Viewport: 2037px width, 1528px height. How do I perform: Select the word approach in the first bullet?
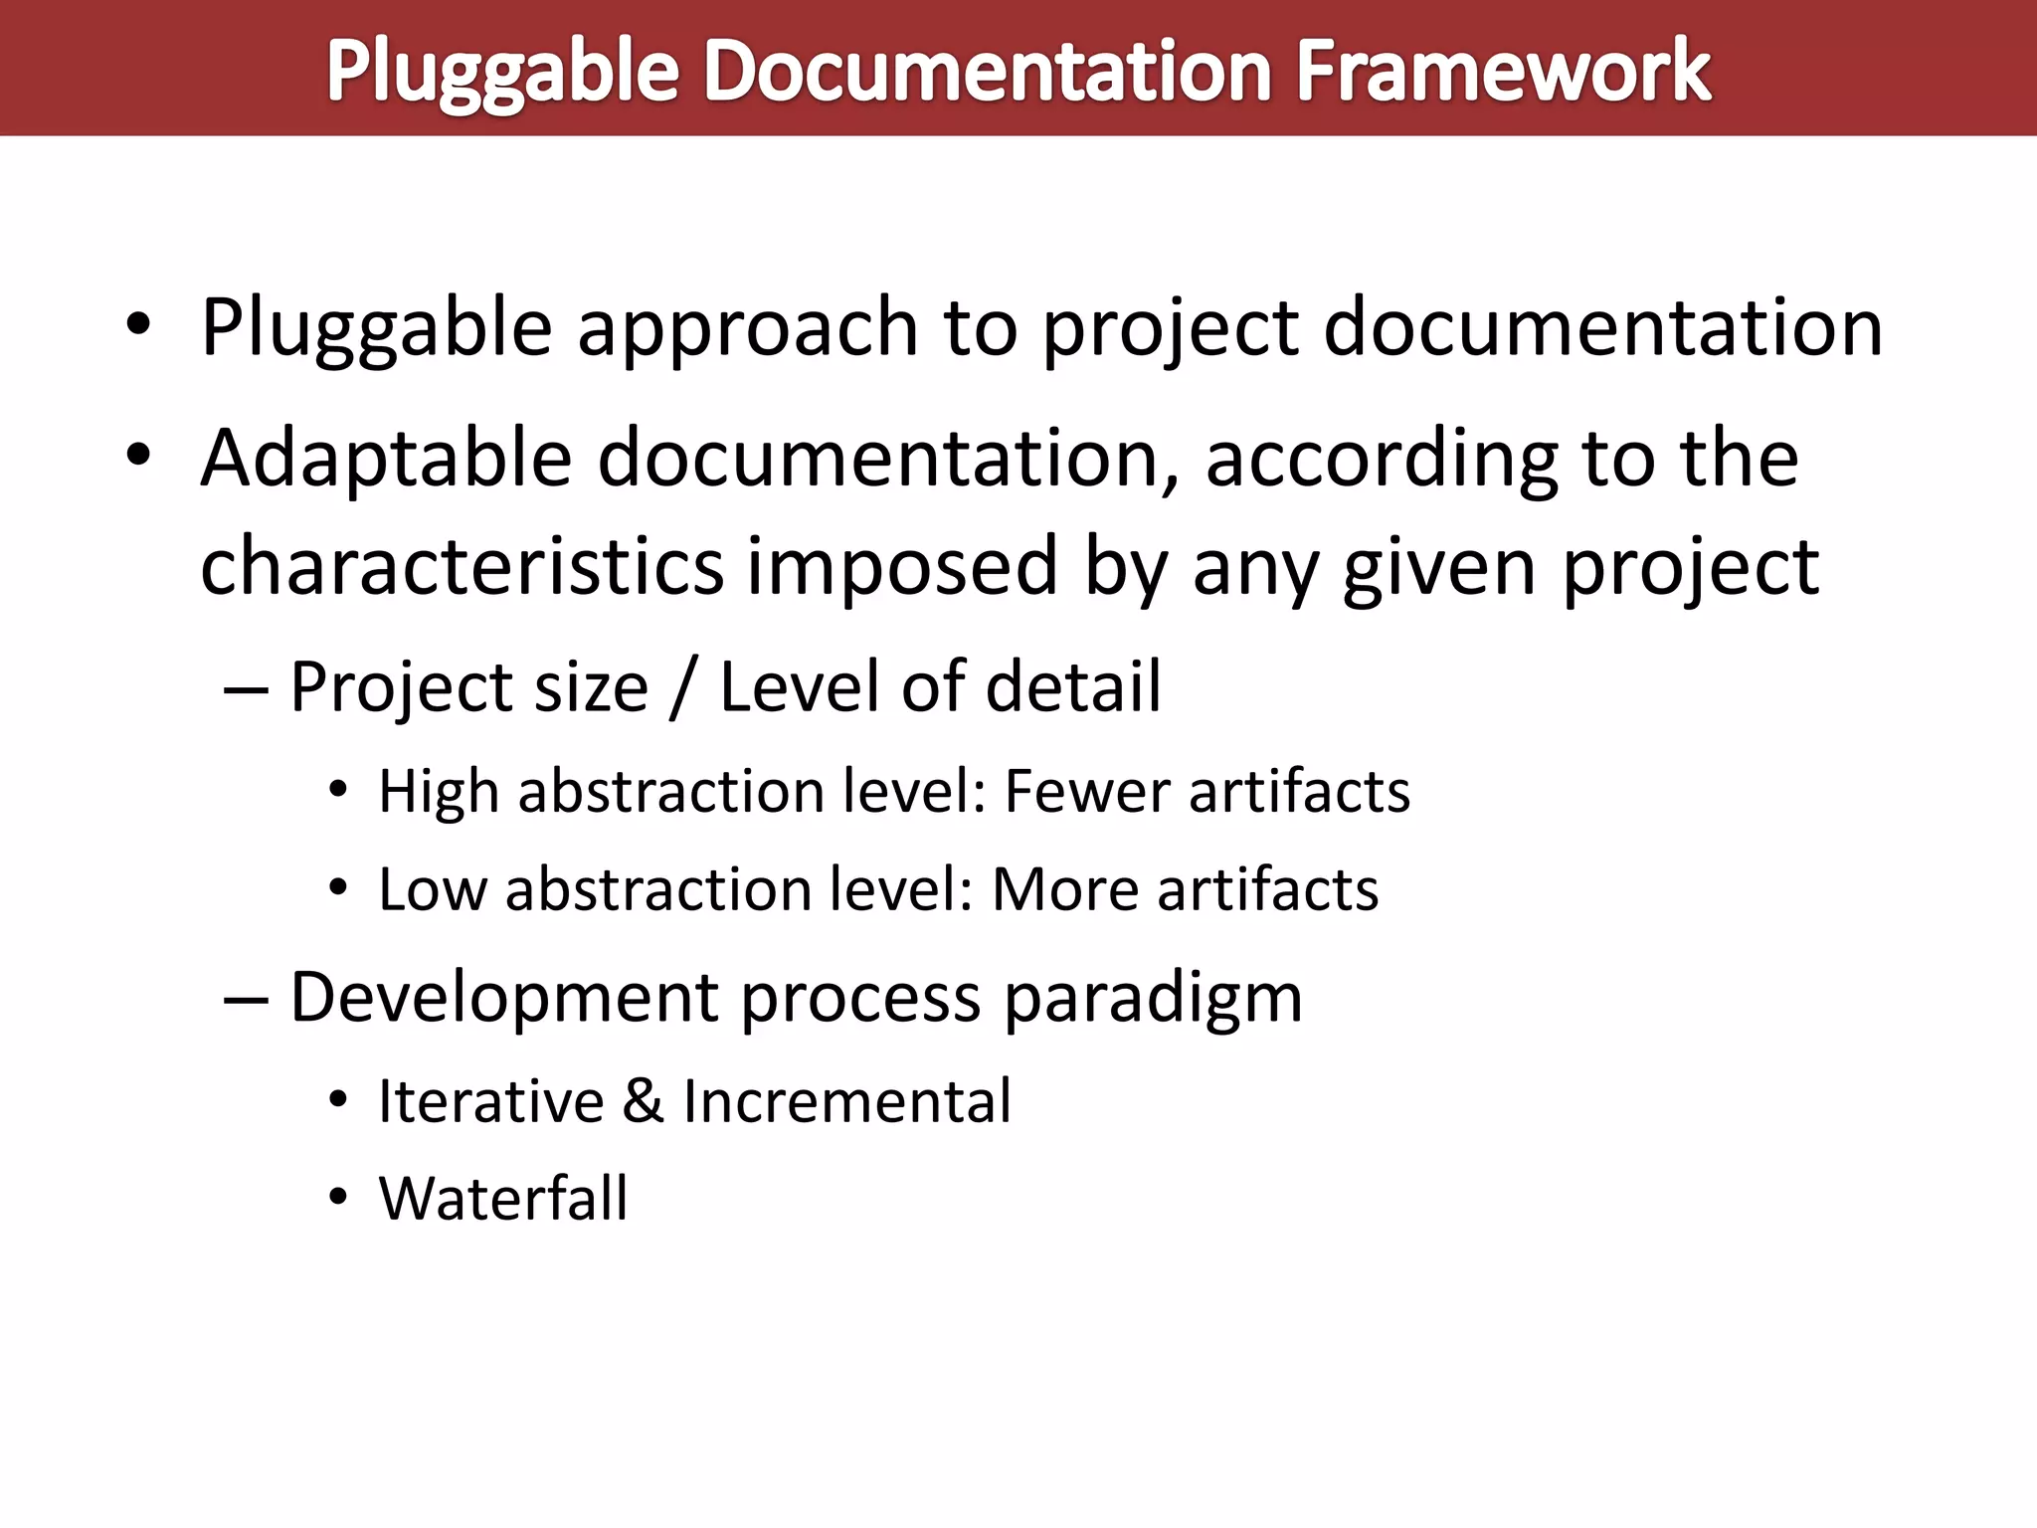748,328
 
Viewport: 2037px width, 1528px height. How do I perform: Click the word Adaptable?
386,459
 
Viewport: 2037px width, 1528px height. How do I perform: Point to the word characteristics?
462,567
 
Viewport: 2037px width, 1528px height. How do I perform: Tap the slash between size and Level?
682,687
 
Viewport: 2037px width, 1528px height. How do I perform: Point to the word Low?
433,889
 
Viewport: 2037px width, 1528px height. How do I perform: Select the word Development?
503,998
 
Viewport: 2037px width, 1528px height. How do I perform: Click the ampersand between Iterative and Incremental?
644,1101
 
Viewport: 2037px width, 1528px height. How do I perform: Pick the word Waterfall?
503,1198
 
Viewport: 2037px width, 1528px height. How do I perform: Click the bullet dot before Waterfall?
338,1198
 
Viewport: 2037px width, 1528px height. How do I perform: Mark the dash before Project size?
246,689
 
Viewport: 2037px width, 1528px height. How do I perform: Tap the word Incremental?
847,1101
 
